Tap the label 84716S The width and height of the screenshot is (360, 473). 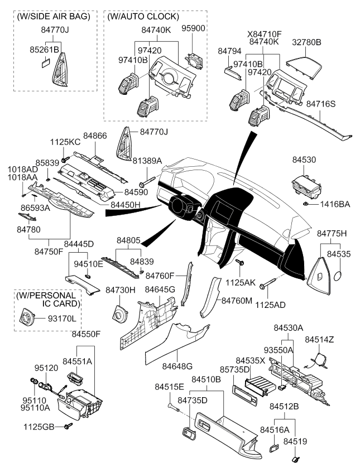pyautogui.click(x=336, y=104)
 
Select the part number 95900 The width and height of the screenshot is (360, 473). pyautogui.click(x=194, y=27)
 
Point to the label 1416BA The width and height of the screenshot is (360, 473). pyautogui.click(x=335, y=205)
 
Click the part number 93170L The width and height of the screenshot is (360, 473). pyautogui.click(x=63, y=318)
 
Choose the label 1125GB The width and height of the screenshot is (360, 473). pyautogui.click(x=39, y=427)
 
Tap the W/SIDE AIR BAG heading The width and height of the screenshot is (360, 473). pyautogui.click(x=54, y=17)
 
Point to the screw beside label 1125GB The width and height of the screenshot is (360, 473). pyautogui.click(x=69, y=427)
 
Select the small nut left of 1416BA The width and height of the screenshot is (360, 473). pyautogui.click(x=309, y=205)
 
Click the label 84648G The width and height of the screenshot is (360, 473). pyautogui.click(x=177, y=366)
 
